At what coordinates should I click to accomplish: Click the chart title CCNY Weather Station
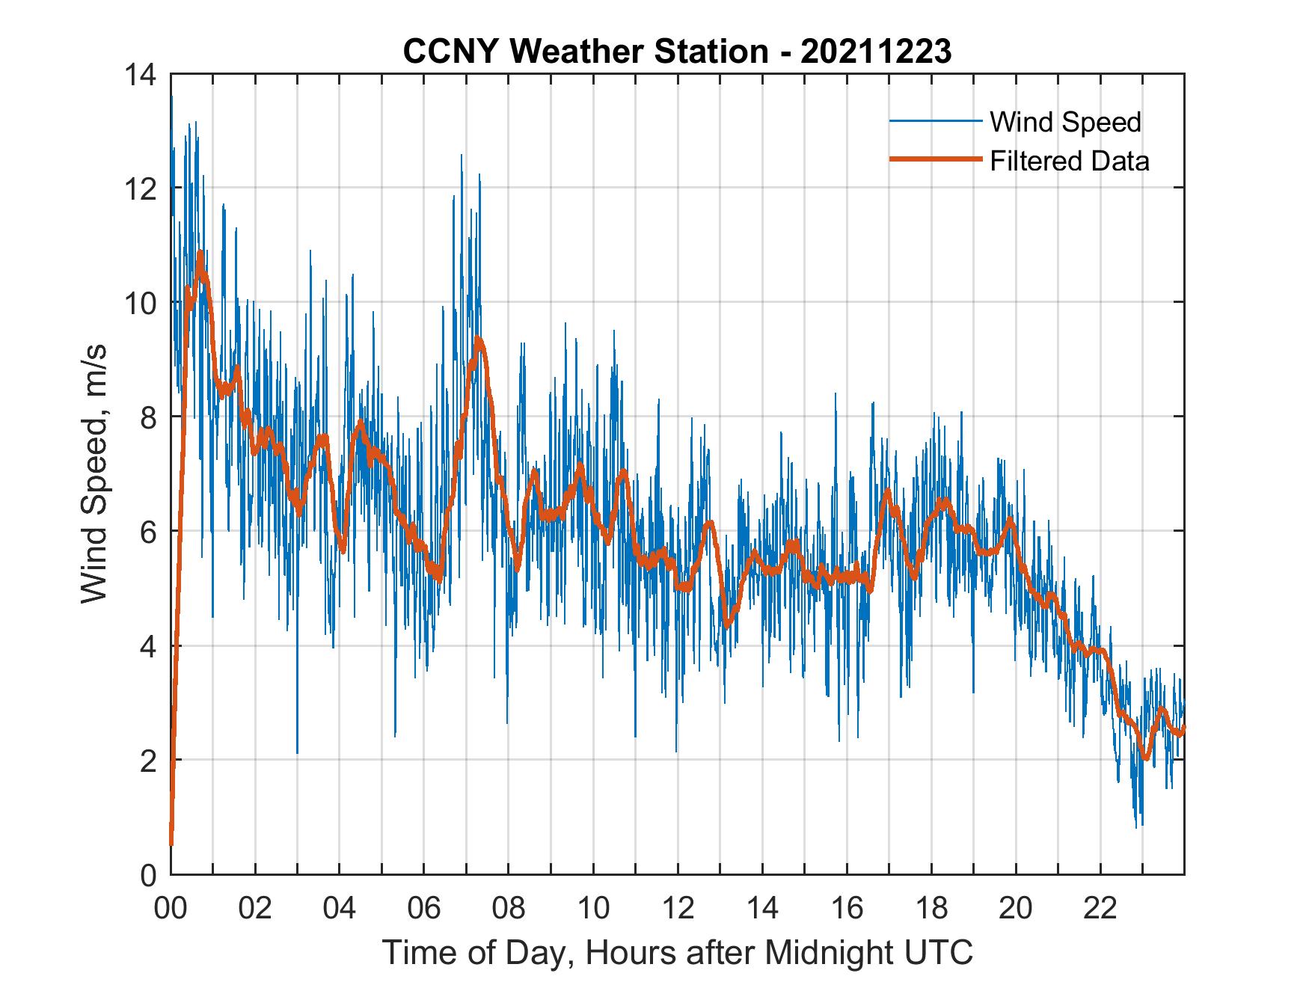click(x=585, y=52)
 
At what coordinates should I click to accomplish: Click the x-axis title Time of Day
click(x=677, y=952)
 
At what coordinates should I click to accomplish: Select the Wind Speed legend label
click(x=1065, y=122)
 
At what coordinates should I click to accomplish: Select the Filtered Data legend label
click(x=1069, y=161)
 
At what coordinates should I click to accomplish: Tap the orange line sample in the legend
click(x=935, y=159)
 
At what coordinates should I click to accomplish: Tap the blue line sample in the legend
click(x=935, y=121)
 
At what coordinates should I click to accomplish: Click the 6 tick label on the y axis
click(x=147, y=532)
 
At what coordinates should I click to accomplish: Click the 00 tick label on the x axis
click(x=171, y=909)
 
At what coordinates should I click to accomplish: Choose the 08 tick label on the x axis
click(x=509, y=909)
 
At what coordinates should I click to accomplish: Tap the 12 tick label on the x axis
click(x=678, y=909)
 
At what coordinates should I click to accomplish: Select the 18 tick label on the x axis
click(x=931, y=909)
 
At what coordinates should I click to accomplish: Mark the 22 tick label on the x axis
click(x=1100, y=909)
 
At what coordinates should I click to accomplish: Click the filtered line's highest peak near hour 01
click(x=200, y=254)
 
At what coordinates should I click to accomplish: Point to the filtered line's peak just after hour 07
click(x=478, y=340)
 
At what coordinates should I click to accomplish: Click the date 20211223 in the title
click(x=876, y=52)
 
